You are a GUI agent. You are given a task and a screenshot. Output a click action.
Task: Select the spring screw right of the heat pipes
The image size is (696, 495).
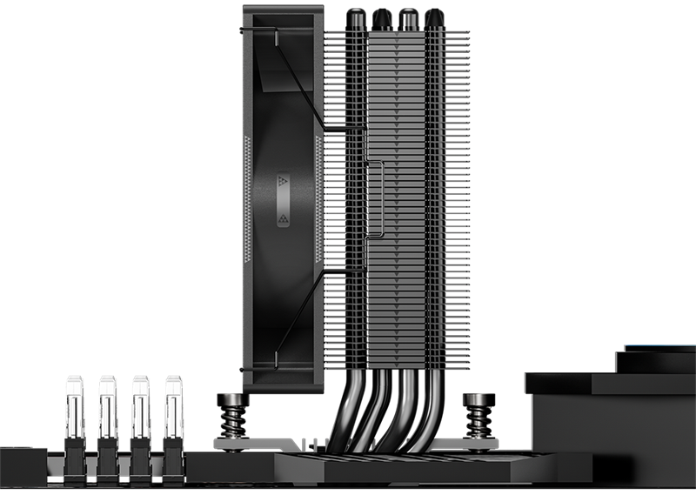[477, 412]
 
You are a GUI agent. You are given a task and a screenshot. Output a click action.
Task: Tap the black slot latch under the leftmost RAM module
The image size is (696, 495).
[74, 452]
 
